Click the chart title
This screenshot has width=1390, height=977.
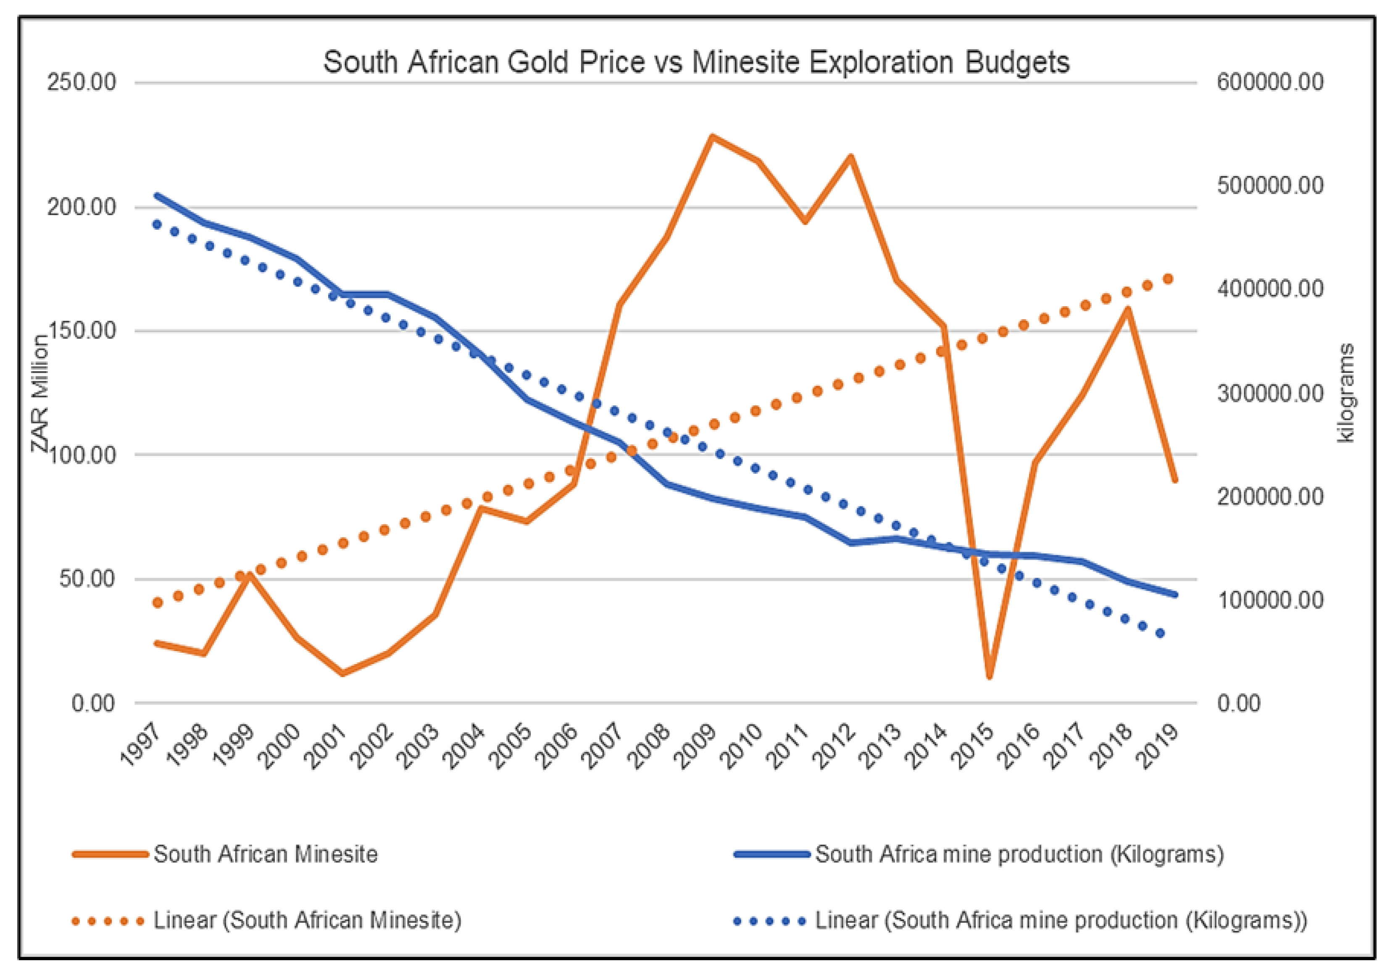(x=696, y=62)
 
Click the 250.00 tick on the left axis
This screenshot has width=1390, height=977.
(x=82, y=82)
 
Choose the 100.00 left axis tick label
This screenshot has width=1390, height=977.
(x=82, y=454)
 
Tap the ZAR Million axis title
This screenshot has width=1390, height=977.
(x=40, y=394)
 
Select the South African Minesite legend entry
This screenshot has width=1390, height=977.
(x=265, y=854)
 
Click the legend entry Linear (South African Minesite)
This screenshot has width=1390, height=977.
(x=307, y=921)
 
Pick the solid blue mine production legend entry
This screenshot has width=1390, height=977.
(x=1019, y=854)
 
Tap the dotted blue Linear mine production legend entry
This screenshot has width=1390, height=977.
(x=1061, y=921)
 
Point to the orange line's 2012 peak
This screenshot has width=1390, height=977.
(x=850, y=157)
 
